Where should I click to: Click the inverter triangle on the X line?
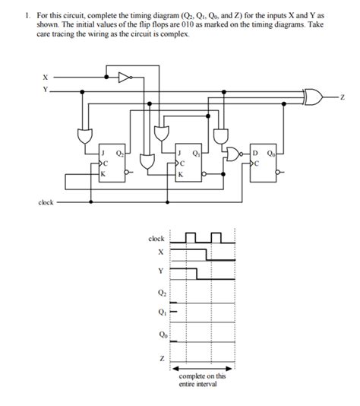point(125,77)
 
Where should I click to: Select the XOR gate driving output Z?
point(314,97)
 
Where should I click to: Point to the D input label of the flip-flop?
point(255,154)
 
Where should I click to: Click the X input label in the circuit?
point(46,77)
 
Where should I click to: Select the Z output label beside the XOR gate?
point(343,97)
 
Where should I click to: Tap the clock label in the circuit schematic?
point(46,202)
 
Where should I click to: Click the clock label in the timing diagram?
point(156,239)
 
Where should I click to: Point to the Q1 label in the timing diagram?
point(162,312)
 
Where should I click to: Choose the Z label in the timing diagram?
point(162,359)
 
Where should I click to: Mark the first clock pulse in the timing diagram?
point(191,238)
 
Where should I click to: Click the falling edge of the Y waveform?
point(197,274)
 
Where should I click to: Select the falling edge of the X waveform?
point(206,255)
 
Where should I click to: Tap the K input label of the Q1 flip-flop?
point(180,175)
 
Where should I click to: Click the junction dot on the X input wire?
point(106,77)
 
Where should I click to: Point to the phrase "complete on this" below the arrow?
point(202,376)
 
